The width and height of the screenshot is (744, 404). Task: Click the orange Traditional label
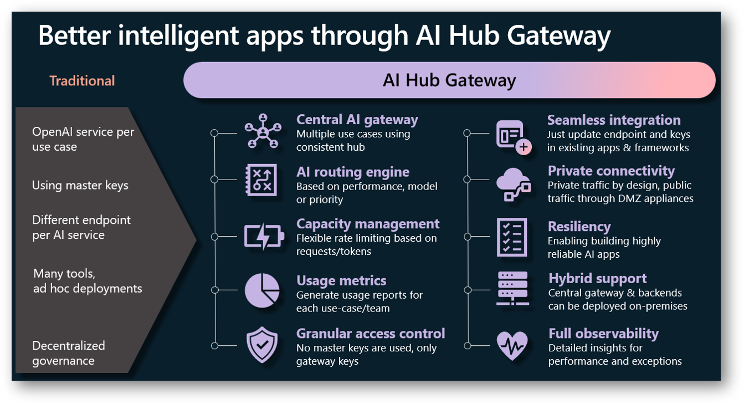pyautogui.click(x=82, y=81)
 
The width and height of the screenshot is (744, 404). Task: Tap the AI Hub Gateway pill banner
pyautogui.click(x=449, y=80)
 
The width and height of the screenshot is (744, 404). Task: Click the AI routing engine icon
pyautogui.click(x=261, y=180)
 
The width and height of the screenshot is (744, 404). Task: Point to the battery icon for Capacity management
pyautogui.click(x=264, y=237)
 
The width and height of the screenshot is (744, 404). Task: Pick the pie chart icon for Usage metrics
pyautogui.click(x=261, y=290)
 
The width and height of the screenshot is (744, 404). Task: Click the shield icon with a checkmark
pyautogui.click(x=261, y=345)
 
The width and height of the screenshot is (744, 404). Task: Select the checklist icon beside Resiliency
pyautogui.click(x=511, y=237)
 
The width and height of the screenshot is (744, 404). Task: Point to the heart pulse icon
pyautogui.click(x=512, y=345)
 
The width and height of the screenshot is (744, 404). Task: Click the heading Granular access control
pyautogui.click(x=371, y=334)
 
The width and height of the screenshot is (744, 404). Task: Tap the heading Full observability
pyautogui.click(x=603, y=334)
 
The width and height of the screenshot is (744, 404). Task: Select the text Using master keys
pyautogui.click(x=80, y=186)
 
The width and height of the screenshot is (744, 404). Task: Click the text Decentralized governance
pyautogui.click(x=69, y=353)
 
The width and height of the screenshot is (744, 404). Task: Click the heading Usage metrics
pyautogui.click(x=341, y=280)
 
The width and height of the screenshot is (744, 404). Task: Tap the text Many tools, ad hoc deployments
pyautogui.click(x=88, y=281)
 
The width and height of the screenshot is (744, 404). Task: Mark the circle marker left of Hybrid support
pyautogui.click(x=468, y=290)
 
